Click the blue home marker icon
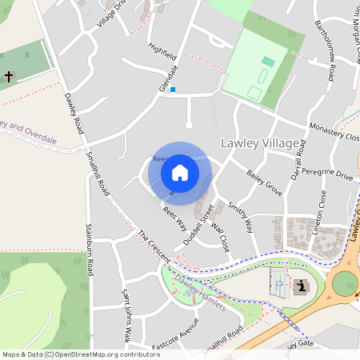(180, 172)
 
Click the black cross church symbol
(9, 78)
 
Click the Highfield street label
(162, 54)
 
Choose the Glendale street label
(168, 76)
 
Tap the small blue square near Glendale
(172, 90)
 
